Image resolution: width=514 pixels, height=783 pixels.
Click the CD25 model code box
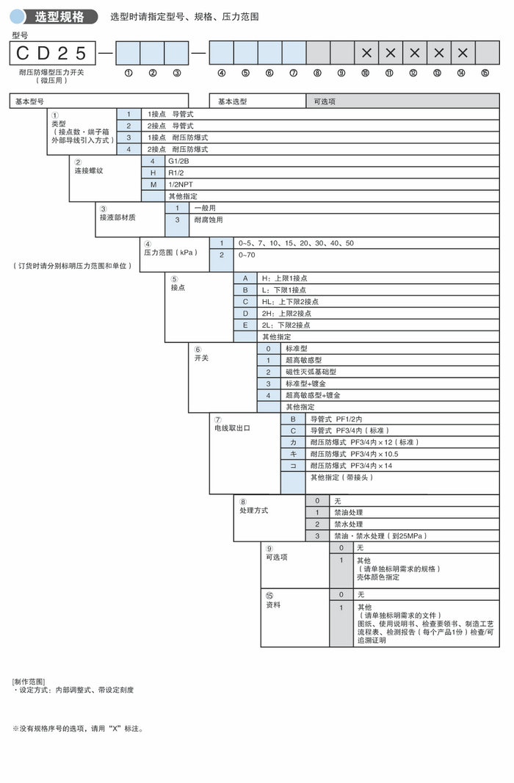tap(52, 53)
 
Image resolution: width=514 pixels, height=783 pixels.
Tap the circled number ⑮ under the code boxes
tap(485, 73)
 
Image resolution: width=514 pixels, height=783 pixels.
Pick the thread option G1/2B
tap(178, 161)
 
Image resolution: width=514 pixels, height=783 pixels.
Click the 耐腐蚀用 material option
tap(208, 220)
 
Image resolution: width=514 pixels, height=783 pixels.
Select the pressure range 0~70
tap(247, 255)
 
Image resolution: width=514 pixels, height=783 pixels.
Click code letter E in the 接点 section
tap(245, 325)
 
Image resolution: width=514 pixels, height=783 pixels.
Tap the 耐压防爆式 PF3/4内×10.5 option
tap(354, 454)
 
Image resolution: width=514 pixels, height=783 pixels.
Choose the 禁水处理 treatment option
tap(349, 524)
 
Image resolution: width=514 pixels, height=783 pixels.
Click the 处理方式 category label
tap(254, 510)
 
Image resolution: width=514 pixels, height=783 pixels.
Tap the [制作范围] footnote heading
tap(29, 682)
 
